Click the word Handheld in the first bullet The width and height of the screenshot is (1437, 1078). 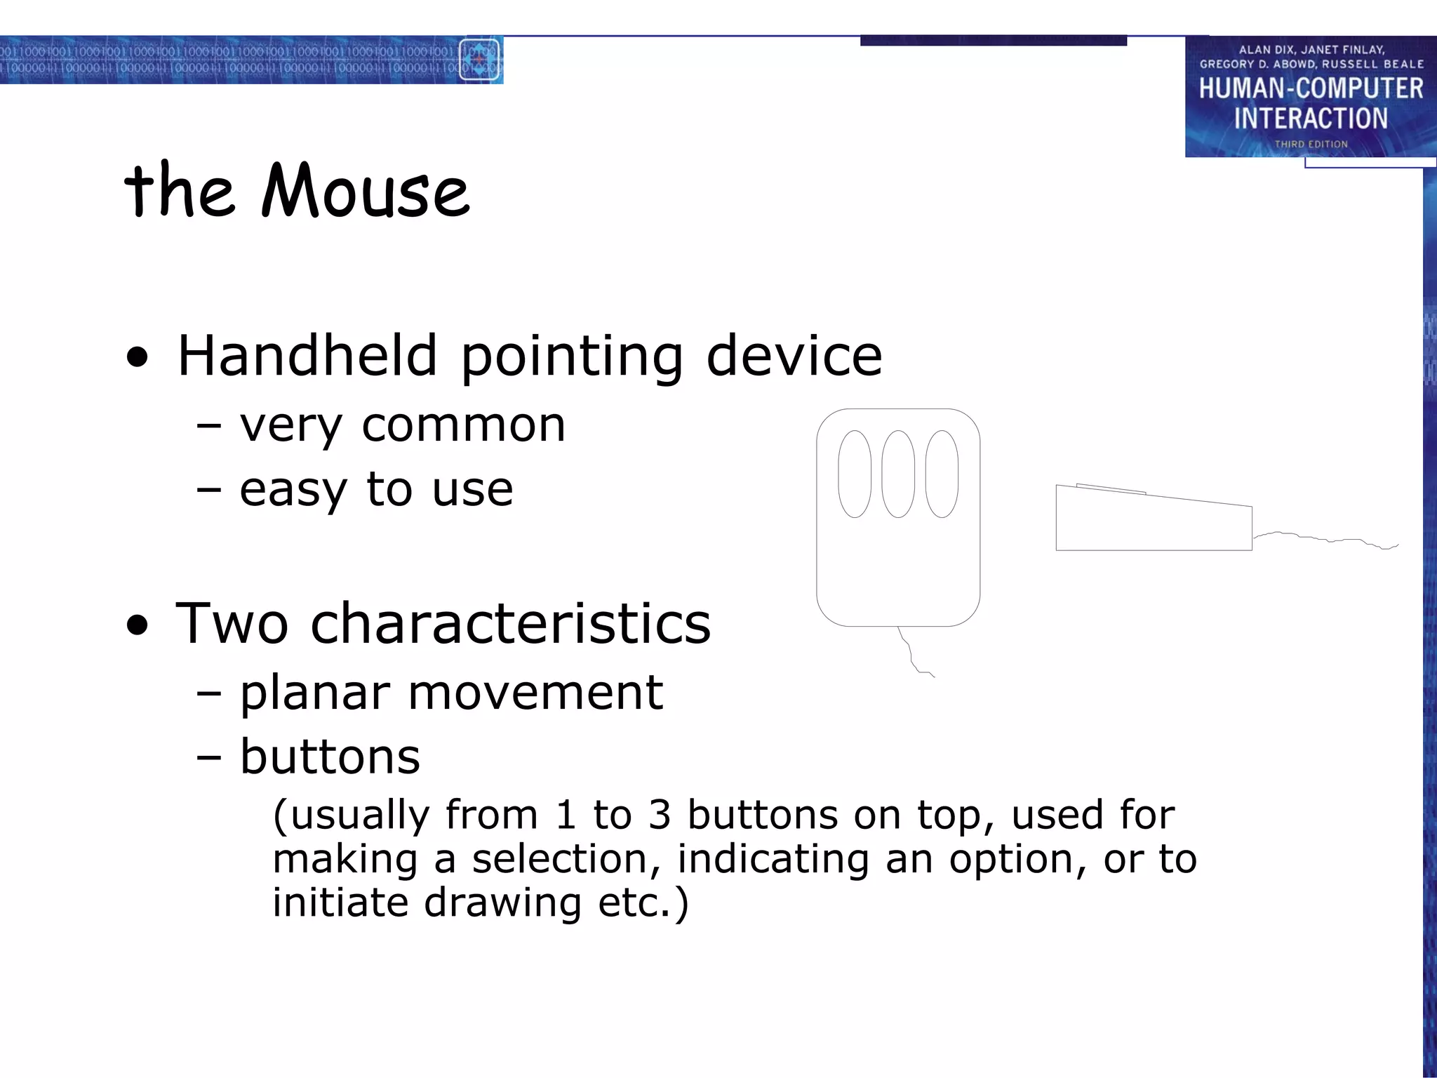click(307, 356)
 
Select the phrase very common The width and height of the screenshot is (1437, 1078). click(402, 425)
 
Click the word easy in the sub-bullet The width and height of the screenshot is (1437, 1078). click(293, 490)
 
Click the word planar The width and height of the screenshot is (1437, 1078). click(314, 693)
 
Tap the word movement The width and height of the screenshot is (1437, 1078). click(535, 693)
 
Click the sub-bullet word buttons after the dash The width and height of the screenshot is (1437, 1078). click(330, 757)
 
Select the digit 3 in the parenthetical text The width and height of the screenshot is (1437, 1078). click(659, 816)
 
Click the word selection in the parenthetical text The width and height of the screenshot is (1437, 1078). click(566, 859)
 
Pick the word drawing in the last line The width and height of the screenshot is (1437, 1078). click(502, 903)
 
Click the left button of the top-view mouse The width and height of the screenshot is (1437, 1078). click(855, 474)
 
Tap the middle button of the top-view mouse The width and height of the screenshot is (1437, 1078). click(898, 474)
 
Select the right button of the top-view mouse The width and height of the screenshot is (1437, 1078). click(942, 474)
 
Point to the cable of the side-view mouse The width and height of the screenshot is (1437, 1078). click(1326, 539)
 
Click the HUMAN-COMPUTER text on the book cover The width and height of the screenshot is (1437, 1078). click(1311, 89)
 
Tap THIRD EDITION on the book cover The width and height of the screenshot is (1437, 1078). click(1311, 144)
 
